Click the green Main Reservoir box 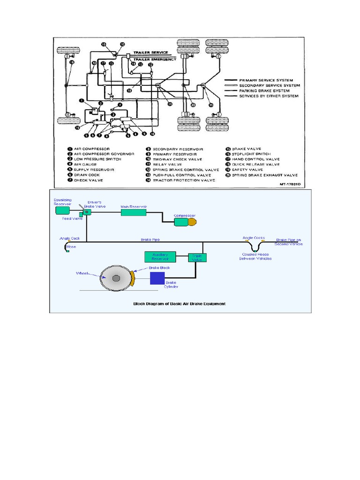coord(134,212)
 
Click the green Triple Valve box coord(197,257)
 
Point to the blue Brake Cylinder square coord(157,278)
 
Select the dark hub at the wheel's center coord(116,278)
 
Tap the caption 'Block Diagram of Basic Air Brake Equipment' coord(180,304)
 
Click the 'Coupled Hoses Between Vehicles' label coord(255,257)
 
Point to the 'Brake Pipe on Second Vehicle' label coord(289,241)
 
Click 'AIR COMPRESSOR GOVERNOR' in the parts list coord(105,154)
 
